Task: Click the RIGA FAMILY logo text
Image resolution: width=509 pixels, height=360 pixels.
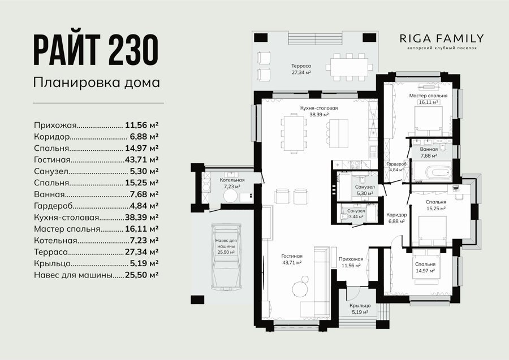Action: [x=442, y=38]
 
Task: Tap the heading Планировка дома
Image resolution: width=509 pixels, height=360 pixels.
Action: [x=97, y=83]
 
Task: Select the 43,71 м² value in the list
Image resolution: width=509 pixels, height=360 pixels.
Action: [x=141, y=159]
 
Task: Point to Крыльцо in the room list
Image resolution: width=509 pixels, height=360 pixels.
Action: [x=52, y=264]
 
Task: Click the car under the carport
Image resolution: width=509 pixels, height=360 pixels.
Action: [x=226, y=256]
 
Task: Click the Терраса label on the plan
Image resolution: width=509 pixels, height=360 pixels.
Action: [x=301, y=66]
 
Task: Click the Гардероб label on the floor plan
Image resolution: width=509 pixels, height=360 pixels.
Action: [x=396, y=164]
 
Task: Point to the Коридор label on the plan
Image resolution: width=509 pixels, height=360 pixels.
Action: [x=396, y=215]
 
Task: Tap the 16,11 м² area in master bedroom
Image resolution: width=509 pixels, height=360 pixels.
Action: [x=429, y=102]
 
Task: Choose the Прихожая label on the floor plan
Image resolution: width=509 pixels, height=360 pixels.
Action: [x=351, y=259]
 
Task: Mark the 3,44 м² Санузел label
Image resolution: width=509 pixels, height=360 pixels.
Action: [x=356, y=214]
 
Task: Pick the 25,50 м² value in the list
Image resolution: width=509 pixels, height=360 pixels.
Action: [x=141, y=275]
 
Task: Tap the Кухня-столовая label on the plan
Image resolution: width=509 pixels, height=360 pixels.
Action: [x=319, y=109]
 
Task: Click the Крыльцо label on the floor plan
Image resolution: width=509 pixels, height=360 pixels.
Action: [x=360, y=306]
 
